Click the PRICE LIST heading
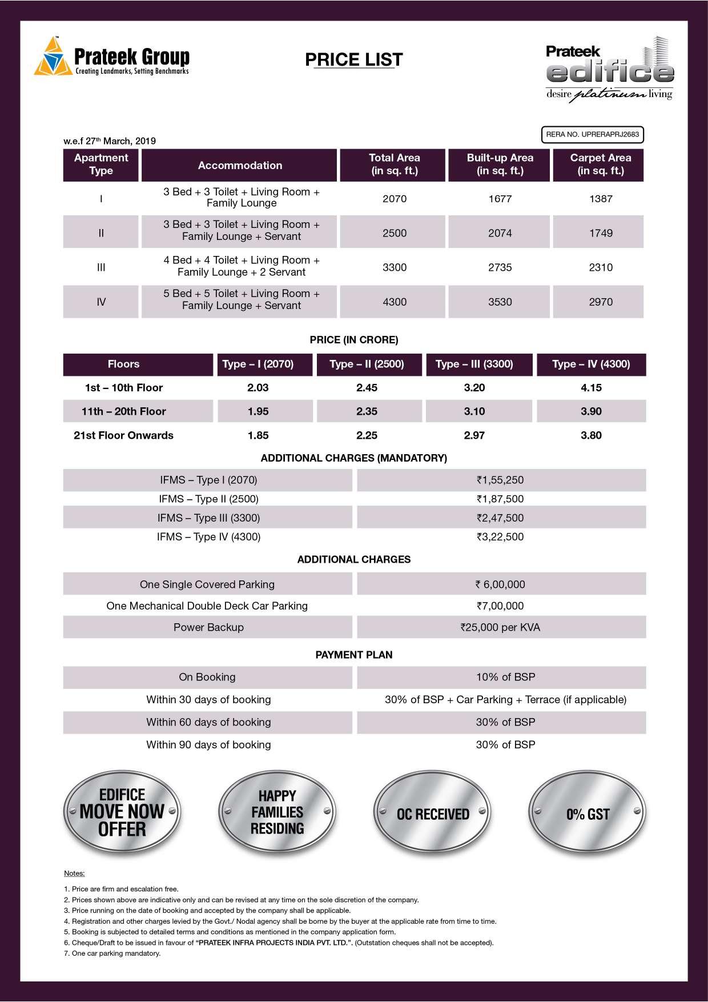point(354,60)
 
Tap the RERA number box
point(592,135)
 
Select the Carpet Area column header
point(600,165)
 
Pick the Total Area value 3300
point(395,267)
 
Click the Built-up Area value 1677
point(500,199)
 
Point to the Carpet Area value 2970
point(601,302)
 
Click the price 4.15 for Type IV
point(591,388)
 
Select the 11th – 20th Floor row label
point(123,411)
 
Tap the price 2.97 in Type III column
point(474,435)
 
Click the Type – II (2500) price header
point(367,364)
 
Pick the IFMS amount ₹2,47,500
point(500,518)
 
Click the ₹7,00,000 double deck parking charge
point(500,606)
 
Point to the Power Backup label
point(208,627)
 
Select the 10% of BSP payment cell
point(505,677)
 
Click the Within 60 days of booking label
point(208,722)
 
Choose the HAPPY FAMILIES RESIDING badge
point(277,812)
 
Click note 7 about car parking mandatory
point(112,953)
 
